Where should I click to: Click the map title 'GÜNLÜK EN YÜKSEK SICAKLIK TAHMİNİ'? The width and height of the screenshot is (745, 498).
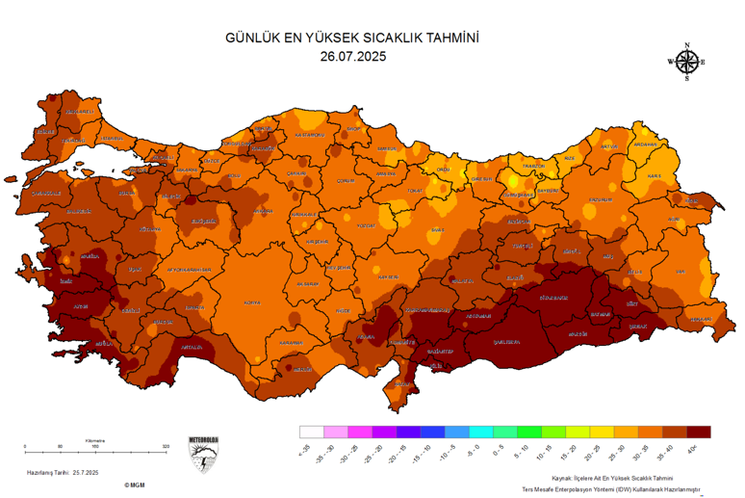coord(351,38)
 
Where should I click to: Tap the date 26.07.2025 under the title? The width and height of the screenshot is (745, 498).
coord(351,56)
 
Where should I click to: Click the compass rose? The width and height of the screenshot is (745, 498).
coord(686,63)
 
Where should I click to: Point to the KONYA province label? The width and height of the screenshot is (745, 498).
coord(252,301)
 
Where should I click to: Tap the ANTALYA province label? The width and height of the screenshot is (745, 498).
coord(191,347)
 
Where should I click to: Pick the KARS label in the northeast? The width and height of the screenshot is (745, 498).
coord(655,176)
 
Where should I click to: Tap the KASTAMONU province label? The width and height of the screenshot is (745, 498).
coord(310,135)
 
